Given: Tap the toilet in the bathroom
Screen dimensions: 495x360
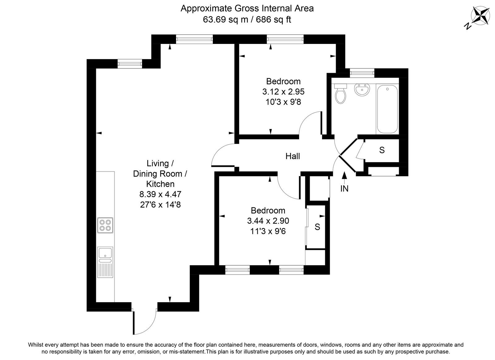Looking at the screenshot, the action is (x=341, y=93).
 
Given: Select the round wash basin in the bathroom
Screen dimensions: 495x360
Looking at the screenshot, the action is (x=362, y=90).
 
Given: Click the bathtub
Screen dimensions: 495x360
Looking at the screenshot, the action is (x=387, y=109).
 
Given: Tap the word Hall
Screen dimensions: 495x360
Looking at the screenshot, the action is (x=293, y=156).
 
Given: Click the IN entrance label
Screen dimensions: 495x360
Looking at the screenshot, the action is (x=344, y=189).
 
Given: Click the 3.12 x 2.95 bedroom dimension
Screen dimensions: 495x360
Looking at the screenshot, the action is (x=283, y=92).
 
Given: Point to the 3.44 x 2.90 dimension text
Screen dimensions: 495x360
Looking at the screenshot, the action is (x=268, y=221).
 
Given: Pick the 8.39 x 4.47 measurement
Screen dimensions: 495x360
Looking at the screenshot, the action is (x=160, y=194).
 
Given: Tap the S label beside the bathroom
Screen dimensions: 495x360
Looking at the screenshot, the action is (x=382, y=150).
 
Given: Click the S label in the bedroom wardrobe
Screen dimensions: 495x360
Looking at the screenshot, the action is (x=317, y=227).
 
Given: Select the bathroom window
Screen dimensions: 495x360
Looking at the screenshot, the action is (x=362, y=73).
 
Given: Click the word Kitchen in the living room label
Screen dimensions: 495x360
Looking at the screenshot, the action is (x=160, y=184).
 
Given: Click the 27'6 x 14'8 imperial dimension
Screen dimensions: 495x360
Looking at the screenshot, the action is (x=160, y=205).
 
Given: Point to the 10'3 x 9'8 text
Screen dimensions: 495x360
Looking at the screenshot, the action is (x=283, y=102).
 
